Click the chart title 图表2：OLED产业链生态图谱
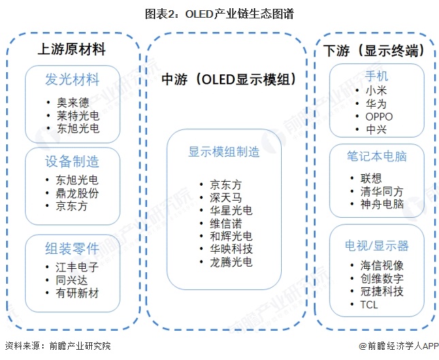pos(219,14)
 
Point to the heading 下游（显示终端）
pos(374,50)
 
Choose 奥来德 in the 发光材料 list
pos(71,102)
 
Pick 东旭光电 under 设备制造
pos(77,180)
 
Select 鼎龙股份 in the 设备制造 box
pos(77,193)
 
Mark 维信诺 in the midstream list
pos(225,223)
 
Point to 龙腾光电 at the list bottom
pos(230,262)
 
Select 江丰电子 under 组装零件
pos(77,267)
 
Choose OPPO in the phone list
pos(379,116)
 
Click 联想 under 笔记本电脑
pos(372,178)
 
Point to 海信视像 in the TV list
pos(382,265)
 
